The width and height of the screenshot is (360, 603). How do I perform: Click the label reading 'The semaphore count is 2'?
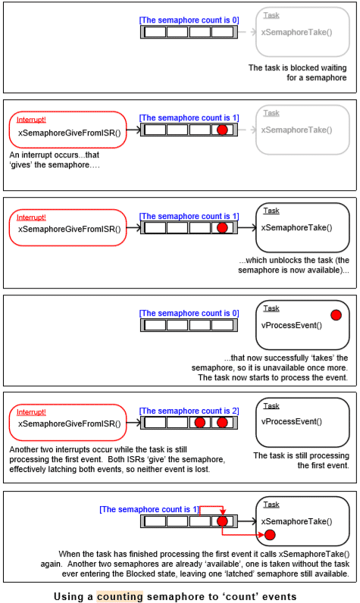[x=189, y=411]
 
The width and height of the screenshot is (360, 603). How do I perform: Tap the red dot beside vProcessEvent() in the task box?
[x=336, y=315]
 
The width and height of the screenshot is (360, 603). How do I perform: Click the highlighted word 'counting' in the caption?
[x=120, y=596]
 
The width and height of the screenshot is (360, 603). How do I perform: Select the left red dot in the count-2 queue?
[x=199, y=423]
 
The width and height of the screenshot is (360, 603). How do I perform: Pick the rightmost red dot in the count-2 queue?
[x=222, y=423]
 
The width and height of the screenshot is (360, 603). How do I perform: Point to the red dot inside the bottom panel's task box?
[x=270, y=535]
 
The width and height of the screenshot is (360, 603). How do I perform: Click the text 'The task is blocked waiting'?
[x=297, y=67]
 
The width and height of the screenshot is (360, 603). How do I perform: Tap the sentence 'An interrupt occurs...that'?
[x=55, y=155]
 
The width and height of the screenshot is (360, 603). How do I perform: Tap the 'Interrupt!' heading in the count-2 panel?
[x=31, y=412]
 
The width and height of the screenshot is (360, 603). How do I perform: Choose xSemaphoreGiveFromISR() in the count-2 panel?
[x=69, y=423]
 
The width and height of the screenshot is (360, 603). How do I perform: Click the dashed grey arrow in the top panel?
[x=247, y=32]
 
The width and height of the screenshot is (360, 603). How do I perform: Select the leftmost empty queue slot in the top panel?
[x=155, y=32]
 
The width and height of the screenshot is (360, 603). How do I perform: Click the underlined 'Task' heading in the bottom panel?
[x=271, y=505]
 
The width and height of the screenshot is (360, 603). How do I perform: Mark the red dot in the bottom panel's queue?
[x=222, y=521]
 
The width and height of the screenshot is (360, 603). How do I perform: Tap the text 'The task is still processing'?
[x=301, y=455]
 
